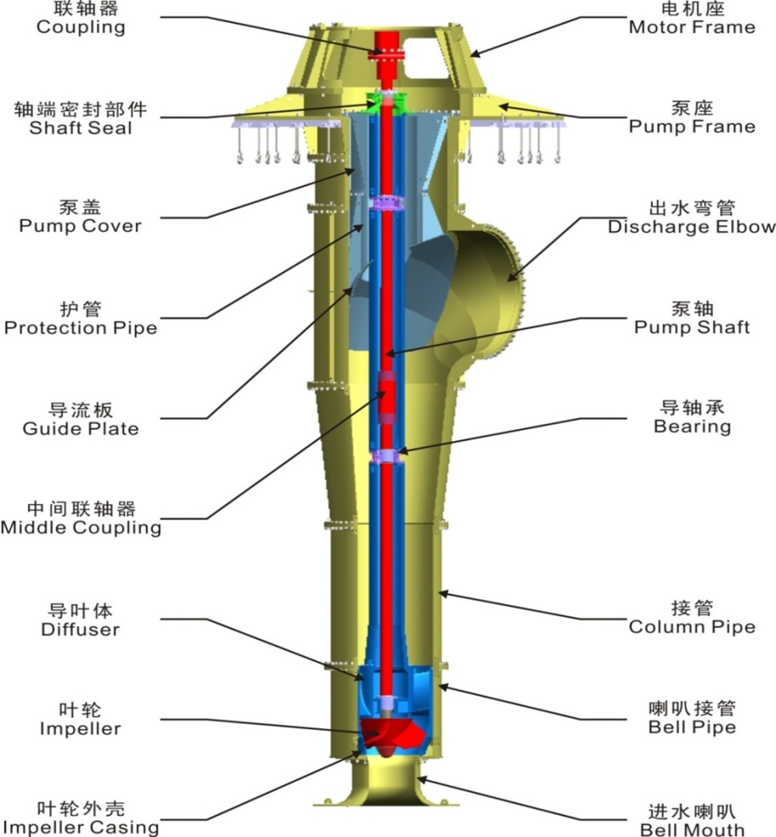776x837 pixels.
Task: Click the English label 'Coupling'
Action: tap(81, 28)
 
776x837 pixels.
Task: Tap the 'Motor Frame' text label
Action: tap(692, 27)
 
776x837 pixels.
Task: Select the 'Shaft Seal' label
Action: tap(81, 127)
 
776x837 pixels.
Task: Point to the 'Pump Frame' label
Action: tap(692, 126)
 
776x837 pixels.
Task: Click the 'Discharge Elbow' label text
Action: tap(691, 227)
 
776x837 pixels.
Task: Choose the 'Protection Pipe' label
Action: tap(81, 328)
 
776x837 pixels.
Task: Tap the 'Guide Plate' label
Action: tap(81, 429)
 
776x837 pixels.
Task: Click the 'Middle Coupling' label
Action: tap(81, 527)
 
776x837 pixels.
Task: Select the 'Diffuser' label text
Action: tap(81, 630)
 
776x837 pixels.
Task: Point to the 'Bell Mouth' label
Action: tap(692, 829)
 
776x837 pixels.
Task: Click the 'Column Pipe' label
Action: tap(692, 627)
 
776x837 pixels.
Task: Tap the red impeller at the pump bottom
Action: tap(392, 737)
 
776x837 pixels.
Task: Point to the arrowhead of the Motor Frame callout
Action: tap(475, 54)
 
